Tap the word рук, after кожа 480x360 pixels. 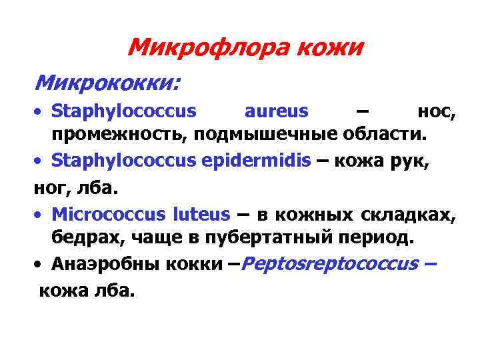pyautogui.click(x=413, y=161)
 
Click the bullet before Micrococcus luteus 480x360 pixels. pyautogui.click(x=41, y=215)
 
